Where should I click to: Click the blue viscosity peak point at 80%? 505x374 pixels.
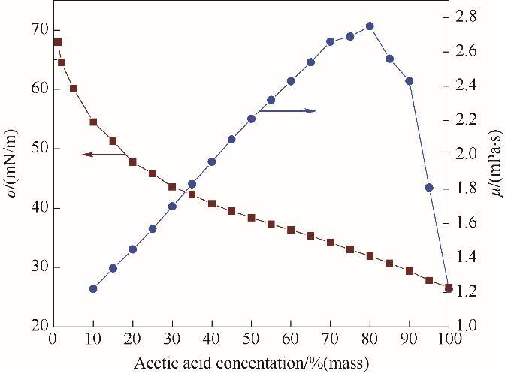coord(370,26)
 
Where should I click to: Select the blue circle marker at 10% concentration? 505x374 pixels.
coord(93,288)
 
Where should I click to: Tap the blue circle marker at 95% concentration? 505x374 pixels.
coord(429,188)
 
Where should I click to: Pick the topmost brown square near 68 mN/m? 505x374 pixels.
coord(57,42)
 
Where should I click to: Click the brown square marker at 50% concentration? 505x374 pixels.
coord(251,218)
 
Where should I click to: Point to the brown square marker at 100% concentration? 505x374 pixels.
coord(449,288)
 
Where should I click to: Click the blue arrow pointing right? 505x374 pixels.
coord(289,111)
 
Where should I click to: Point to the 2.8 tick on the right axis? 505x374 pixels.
coord(467,17)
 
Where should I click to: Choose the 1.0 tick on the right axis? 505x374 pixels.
coord(467,326)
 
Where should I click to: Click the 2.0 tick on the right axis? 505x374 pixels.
coord(467,154)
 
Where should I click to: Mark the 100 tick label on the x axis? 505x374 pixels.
coord(449,339)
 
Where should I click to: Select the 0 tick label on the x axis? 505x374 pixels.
coord(53,339)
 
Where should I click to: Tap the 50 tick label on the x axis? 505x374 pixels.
coord(251,339)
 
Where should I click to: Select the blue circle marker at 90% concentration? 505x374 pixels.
coord(410,81)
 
